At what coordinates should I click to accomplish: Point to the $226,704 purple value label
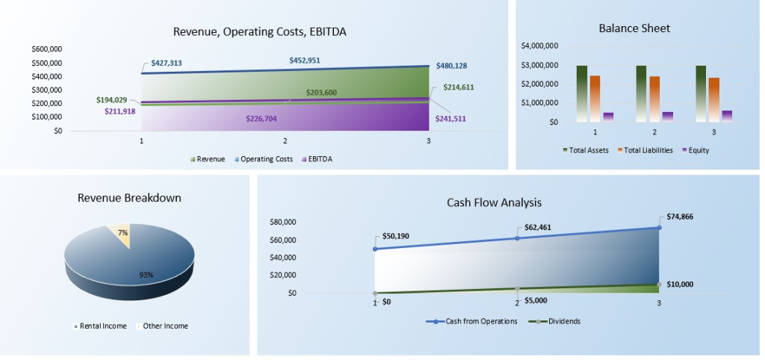[x=267, y=118]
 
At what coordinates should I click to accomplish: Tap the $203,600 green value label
[x=321, y=92]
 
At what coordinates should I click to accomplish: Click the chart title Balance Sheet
[x=634, y=28]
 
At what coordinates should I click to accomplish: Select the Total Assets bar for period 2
[x=641, y=93]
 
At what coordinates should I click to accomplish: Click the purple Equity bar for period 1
[x=608, y=117]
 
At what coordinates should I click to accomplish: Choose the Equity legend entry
[x=694, y=150]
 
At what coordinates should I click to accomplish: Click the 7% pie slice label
[x=123, y=233]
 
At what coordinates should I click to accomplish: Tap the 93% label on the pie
[x=146, y=275]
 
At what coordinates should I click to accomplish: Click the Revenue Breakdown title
[x=129, y=198]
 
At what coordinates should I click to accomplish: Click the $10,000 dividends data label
[x=680, y=284]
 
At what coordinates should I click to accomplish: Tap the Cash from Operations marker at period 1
[x=374, y=249]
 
